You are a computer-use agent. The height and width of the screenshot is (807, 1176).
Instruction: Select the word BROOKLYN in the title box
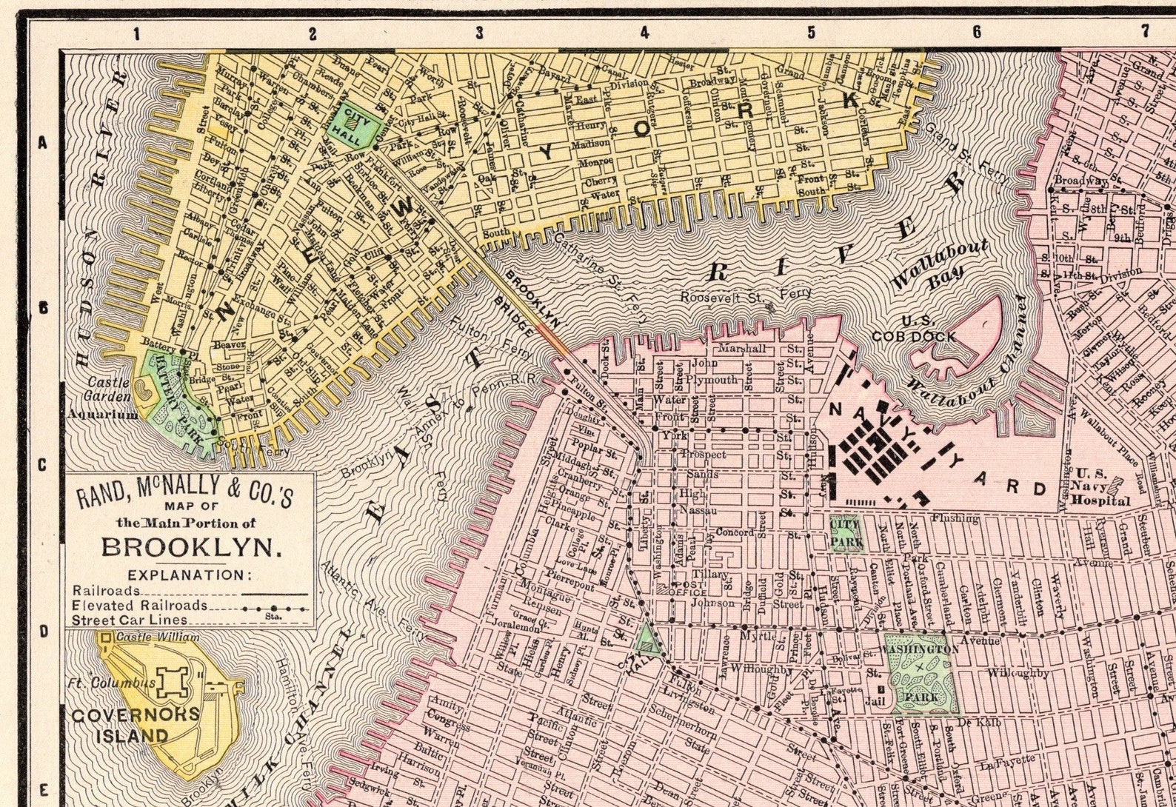point(192,547)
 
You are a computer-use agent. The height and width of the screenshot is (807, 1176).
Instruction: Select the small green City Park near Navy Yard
point(846,534)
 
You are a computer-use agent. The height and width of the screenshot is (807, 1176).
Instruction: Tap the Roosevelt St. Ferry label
point(746,295)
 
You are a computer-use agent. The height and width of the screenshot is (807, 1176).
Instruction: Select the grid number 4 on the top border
point(644,33)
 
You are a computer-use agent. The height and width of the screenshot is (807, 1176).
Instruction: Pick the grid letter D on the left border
point(43,632)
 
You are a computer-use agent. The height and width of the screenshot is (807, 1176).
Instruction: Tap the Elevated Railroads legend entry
point(140,605)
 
